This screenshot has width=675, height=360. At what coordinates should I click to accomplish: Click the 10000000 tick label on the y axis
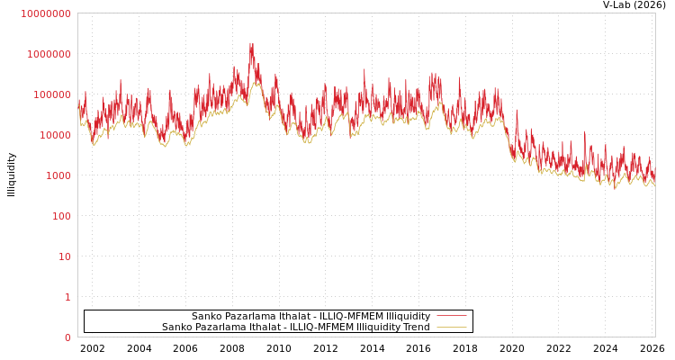click(46, 13)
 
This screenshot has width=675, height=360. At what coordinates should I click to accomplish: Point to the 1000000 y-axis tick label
click(49, 54)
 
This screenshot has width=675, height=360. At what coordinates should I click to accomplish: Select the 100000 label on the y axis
click(51, 94)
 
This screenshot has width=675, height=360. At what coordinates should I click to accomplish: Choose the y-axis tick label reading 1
click(67, 297)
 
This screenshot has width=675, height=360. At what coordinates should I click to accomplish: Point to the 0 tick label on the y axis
click(67, 337)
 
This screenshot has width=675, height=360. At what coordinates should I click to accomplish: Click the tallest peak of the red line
click(251, 43)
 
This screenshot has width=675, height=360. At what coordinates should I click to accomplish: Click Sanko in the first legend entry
click(206, 316)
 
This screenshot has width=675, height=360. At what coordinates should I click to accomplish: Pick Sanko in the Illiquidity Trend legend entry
click(176, 327)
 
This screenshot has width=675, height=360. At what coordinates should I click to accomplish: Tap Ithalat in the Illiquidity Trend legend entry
click(261, 327)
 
